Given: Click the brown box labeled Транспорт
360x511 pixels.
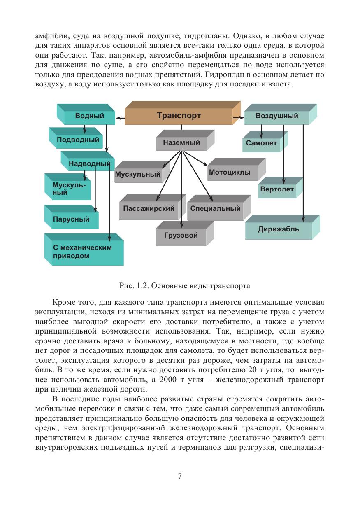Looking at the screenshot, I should tap(179, 116).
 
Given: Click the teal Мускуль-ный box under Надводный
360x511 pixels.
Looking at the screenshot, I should tap(66, 189).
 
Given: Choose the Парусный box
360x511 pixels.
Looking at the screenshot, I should tap(71, 219).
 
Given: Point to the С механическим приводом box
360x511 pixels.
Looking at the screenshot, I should tap(82, 252).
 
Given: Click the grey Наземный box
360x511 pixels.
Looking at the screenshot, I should tap(181, 143).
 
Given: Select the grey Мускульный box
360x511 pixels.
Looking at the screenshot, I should tap(138, 175).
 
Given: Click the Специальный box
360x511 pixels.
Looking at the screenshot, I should tap(215, 208).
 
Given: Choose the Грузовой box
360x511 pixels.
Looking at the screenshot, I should tap(181, 236).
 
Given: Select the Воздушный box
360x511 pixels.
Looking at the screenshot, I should tap(276, 116).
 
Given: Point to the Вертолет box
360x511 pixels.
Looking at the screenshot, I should tap(277, 189).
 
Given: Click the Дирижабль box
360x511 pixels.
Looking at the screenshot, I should tap(279, 229).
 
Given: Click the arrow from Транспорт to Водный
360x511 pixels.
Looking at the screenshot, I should tap(120, 118).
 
